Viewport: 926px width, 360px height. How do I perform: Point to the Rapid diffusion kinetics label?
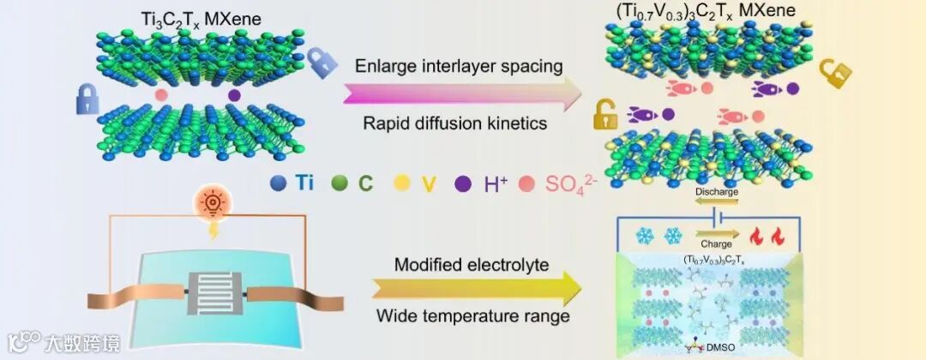coord(454,123)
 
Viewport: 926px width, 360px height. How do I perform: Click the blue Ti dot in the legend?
coord(277,182)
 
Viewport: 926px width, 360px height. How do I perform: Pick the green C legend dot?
coord(339,182)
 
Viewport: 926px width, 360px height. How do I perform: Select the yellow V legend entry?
coord(400,182)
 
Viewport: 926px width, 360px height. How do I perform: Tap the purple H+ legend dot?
coord(463,182)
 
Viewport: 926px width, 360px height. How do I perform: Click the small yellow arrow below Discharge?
coord(717,204)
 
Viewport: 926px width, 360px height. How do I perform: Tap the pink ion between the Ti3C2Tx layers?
coord(161,93)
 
